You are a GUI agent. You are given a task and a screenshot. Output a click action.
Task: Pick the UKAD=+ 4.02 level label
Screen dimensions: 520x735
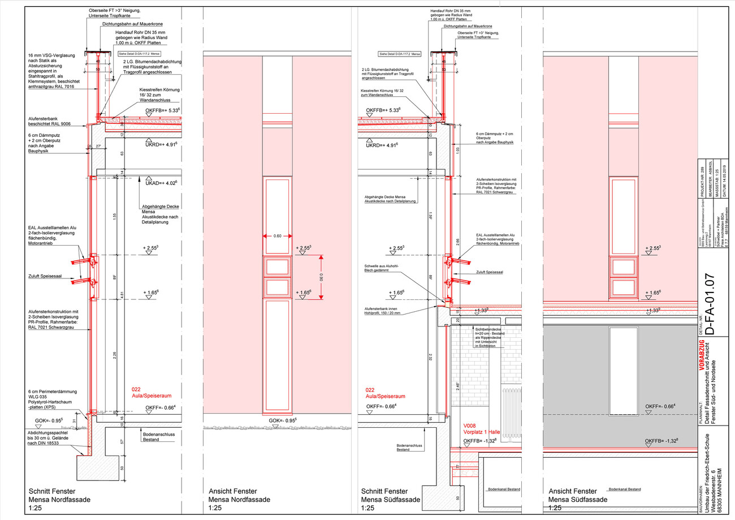(x=162, y=183)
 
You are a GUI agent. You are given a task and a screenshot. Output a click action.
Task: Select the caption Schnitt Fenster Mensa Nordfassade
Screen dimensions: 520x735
(x=58, y=500)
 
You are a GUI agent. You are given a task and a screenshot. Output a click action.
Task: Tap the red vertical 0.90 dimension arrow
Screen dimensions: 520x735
(x=321, y=277)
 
